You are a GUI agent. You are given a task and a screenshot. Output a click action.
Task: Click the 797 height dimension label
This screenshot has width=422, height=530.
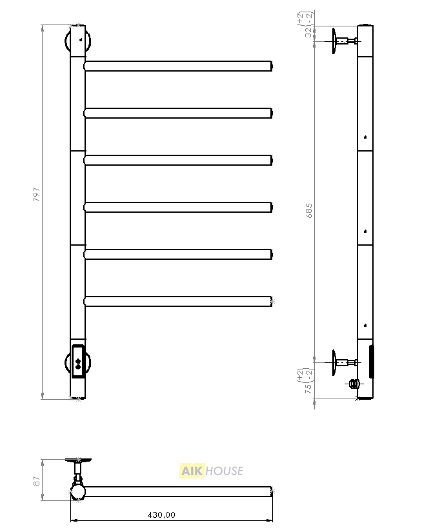(37, 195)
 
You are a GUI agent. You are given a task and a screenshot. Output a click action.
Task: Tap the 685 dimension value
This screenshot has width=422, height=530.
(308, 211)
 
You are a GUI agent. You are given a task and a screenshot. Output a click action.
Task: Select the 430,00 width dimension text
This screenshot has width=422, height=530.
(161, 515)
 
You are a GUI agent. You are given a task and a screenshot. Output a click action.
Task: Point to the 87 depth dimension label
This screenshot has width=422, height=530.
(37, 481)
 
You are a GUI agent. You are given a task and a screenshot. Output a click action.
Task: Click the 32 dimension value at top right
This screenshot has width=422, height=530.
(308, 33)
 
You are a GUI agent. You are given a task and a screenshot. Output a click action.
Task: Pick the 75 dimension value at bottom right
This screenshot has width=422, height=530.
(308, 389)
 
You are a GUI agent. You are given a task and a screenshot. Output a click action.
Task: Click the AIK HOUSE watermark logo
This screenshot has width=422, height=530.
(211, 471)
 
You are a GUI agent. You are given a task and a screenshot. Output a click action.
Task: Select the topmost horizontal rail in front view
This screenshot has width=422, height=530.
(178, 66)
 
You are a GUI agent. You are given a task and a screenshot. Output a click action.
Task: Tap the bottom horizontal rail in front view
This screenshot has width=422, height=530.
(178, 302)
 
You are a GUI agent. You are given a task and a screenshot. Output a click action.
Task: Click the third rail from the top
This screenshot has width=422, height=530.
(178, 160)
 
